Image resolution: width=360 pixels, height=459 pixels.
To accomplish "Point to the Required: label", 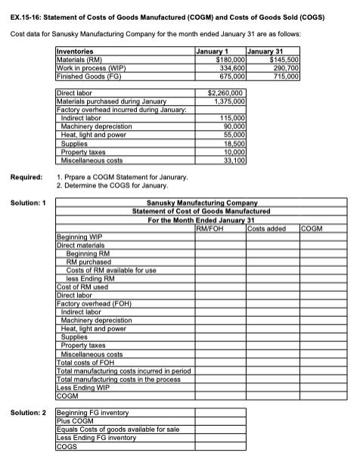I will click(26, 176).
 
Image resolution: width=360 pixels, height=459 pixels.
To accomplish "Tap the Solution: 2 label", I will click(28, 411).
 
